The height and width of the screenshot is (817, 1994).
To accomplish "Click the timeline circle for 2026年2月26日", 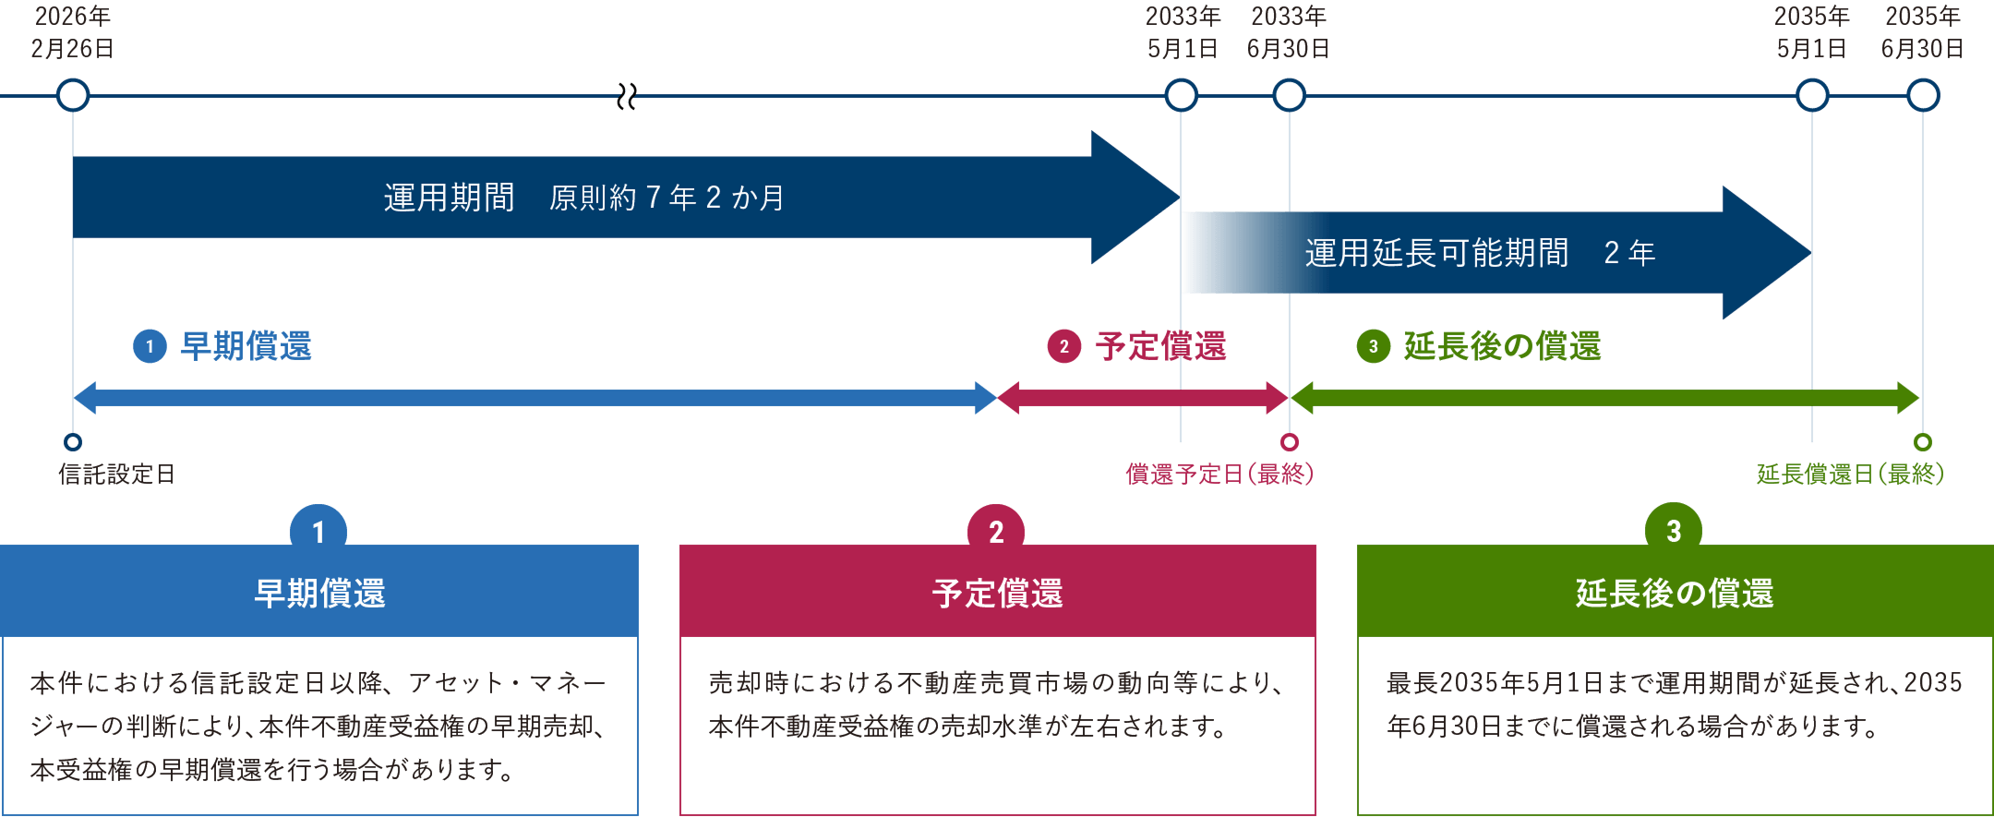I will pyautogui.click(x=73, y=95).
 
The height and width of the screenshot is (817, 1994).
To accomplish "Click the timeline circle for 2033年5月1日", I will pyautogui.click(x=1181, y=95).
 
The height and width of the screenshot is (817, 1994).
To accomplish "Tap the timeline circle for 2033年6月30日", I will pyautogui.click(x=1289, y=95).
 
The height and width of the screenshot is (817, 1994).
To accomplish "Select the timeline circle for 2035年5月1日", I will pyautogui.click(x=1812, y=95).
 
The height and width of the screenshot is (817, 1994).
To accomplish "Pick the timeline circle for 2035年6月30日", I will pyautogui.click(x=1923, y=95).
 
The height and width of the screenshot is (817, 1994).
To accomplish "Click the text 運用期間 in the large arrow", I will pyautogui.click(x=449, y=198).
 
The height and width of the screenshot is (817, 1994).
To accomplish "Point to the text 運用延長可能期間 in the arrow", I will pyautogui.click(x=1436, y=253).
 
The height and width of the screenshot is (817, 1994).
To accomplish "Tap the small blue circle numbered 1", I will pyautogui.click(x=150, y=347).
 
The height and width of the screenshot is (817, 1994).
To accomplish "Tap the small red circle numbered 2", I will pyautogui.click(x=1063, y=347).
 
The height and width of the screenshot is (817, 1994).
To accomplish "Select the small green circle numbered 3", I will pyautogui.click(x=1373, y=347).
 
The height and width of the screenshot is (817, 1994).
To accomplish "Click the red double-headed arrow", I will pyautogui.click(x=1143, y=398).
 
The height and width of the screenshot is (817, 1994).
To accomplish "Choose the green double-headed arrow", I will pyautogui.click(x=1604, y=398).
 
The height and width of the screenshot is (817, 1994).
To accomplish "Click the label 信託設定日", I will pyautogui.click(x=116, y=475).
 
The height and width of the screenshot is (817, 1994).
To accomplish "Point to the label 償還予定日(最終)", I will pyautogui.click(x=1219, y=475).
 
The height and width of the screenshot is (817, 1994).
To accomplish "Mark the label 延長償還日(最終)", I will pyautogui.click(x=1850, y=475).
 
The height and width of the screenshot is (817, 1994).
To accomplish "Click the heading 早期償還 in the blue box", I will pyautogui.click(x=319, y=594).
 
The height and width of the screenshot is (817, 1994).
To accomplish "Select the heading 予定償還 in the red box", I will pyautogui.click(x=997, y=594).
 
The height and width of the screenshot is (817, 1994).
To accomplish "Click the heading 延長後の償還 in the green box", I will pyautogui.click(x=1675, y=594).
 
